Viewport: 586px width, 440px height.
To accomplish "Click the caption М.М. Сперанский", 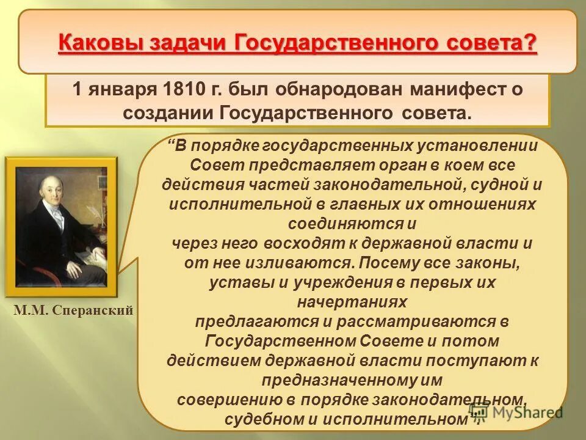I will pos(73,310).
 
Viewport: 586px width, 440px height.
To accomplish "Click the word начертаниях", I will pos(352,302).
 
